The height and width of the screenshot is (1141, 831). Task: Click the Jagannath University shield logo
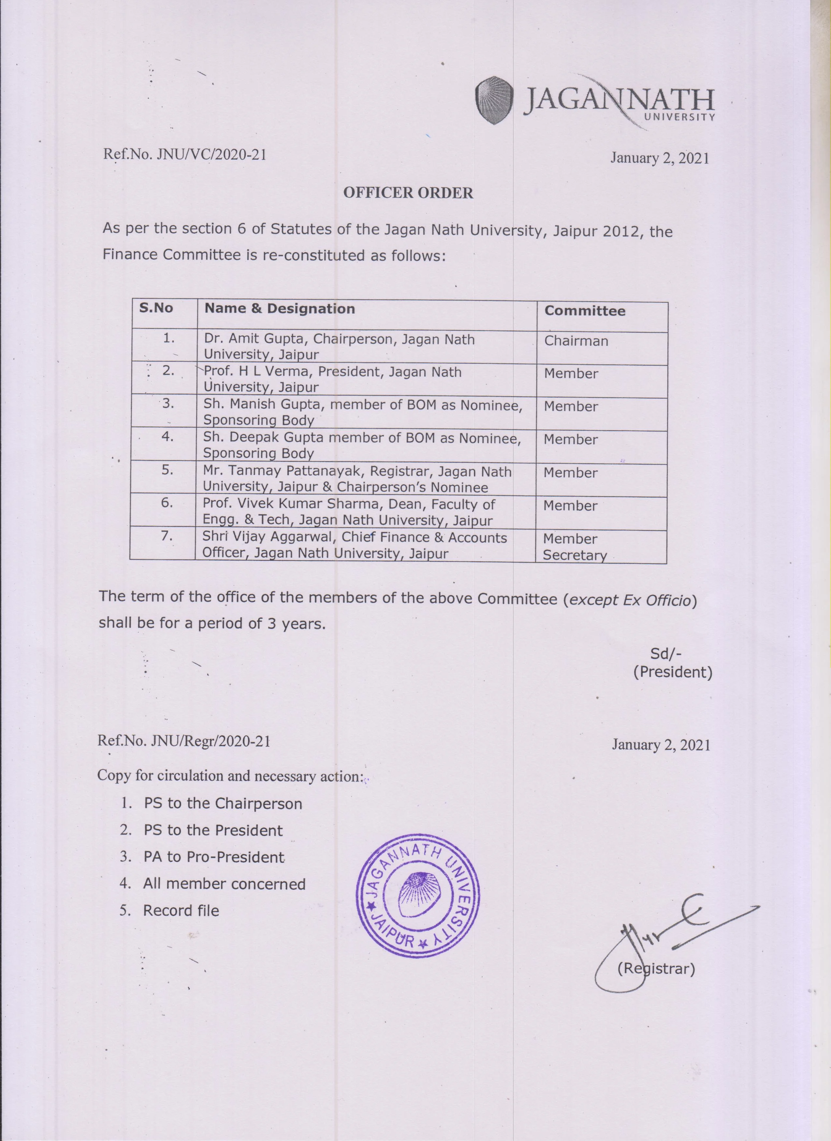click(x=494, y=101)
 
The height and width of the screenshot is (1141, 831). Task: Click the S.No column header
click(x=156, y=308)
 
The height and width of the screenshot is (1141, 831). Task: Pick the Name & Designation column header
click(x=279, y=309)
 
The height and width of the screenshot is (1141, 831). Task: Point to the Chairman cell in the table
click(x=576, y=341)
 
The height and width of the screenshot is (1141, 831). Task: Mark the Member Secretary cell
click(x=575, y=547)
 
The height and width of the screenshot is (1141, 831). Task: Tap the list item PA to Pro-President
click(x=214, y=857)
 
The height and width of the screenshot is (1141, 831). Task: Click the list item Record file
click(x=181, y=911)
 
